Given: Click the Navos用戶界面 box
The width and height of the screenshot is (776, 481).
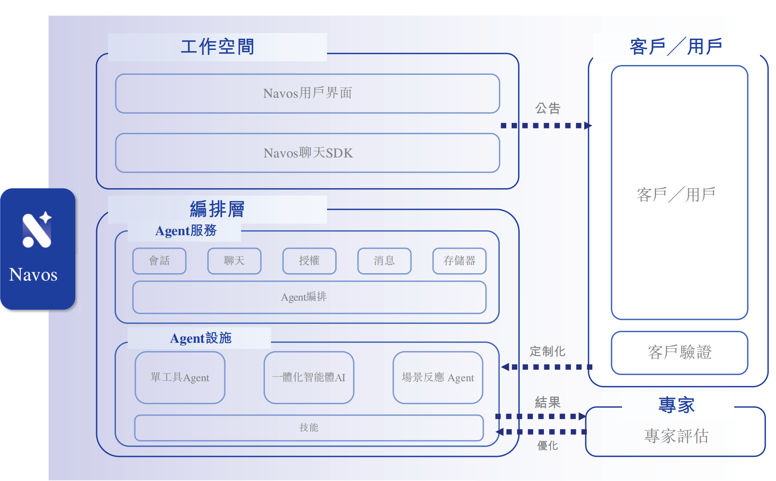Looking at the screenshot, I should [307, 94].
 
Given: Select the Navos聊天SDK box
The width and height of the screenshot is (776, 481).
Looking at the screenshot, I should [307, 153].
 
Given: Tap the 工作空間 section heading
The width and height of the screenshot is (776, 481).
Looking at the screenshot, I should [217, 47].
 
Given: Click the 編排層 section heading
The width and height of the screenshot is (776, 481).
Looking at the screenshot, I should [217, 209].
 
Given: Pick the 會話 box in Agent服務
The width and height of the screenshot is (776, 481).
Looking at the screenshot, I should [159, 261].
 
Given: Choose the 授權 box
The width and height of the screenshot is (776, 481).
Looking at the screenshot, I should [309, 261].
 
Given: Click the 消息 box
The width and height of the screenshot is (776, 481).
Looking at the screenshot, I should [384, 261].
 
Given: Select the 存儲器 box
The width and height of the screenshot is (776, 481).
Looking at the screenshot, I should [459, 261].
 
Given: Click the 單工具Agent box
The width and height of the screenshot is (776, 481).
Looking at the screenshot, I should [180, 378].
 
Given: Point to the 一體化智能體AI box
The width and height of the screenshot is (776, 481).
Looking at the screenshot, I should [309, 378].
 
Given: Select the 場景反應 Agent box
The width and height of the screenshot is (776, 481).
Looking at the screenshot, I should [438, 378].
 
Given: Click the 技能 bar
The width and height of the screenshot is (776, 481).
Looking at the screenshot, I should [309, 428].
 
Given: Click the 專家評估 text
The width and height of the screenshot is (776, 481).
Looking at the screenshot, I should [676, 436].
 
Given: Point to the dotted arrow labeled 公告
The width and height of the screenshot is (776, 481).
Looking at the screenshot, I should [546, 126].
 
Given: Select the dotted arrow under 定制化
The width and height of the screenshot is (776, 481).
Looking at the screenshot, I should [547, 367].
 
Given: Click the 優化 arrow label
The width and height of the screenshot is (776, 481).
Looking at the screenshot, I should [547, 445].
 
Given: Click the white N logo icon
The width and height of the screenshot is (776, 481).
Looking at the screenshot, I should [37, 230].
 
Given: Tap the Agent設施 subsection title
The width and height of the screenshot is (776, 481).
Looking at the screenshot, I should [201, 338].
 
